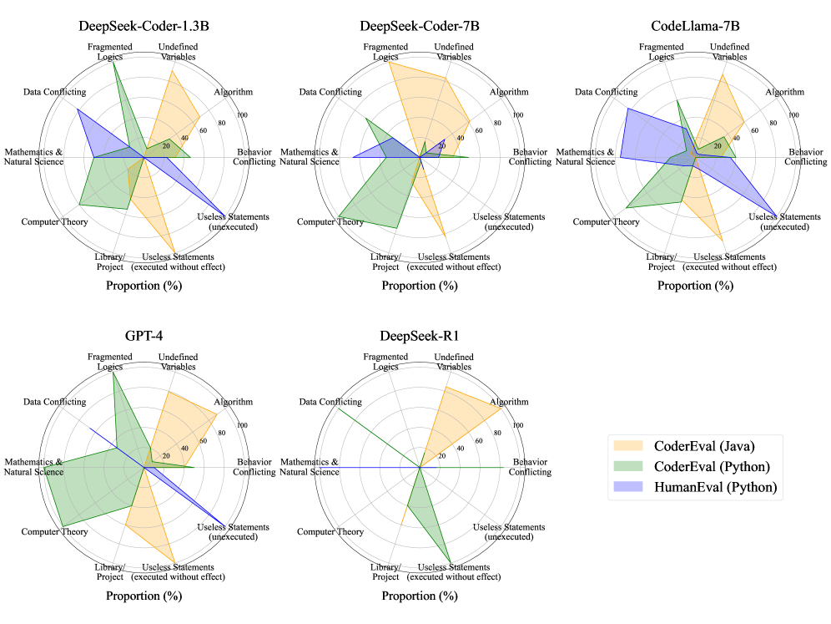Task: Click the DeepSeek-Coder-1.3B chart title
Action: point(144,26)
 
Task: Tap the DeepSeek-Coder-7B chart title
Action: point(419,26)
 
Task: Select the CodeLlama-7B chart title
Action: point(694,26)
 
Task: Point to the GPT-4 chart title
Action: point(144,337)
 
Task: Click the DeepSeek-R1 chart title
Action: point(419,337)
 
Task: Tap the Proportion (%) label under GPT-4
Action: point(144,596)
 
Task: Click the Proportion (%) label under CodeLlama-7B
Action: point(694,286)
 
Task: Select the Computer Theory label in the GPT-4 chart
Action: point(54,532)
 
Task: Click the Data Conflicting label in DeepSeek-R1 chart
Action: point(330,403)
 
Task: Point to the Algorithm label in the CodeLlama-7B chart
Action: point(784,92)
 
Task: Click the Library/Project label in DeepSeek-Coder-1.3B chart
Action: point(110,261)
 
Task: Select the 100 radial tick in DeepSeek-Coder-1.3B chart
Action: point(244,115)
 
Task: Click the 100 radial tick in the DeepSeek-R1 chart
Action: point(519,426)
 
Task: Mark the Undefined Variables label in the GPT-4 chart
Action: point(179,362)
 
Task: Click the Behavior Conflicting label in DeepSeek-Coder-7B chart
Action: point(529,157)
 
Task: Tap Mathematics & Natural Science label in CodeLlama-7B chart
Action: point(590,157)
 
